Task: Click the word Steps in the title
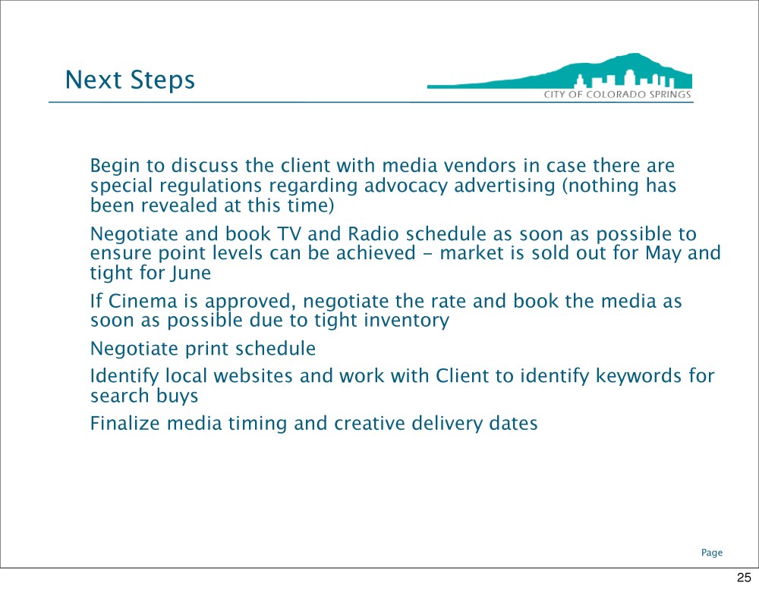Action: coord(162,80)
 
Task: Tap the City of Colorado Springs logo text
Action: coord(618,94)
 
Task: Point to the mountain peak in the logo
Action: coord(634,55)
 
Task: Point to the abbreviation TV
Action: coord(288,234)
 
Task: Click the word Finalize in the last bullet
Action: coord(125,424)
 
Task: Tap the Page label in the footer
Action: coord(712,553)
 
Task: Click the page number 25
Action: coord(744,578)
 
